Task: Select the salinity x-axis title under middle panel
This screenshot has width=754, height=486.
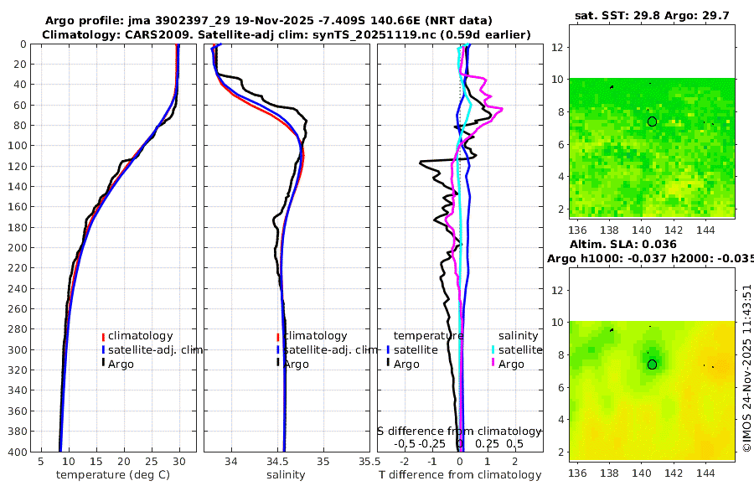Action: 286,475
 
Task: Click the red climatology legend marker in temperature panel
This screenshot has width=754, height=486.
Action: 102,337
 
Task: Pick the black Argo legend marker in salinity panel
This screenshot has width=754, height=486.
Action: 277,364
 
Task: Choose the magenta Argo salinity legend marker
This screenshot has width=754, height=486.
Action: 493,364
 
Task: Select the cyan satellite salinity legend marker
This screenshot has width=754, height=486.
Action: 493,349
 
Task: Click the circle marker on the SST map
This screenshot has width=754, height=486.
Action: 652,121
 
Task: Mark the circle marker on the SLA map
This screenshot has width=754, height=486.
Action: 652,364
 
